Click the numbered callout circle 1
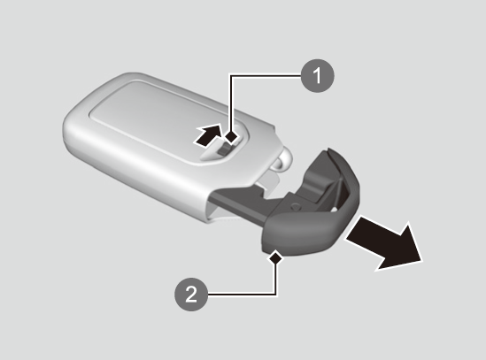tap(318, 76)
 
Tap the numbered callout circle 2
tap(191, 294)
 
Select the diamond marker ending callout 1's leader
tap(231, 136)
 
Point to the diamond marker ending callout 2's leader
tap(275, 257)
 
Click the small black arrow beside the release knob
tap(208, 135)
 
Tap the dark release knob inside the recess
tap(224, 151)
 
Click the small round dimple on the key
tap(296, 206)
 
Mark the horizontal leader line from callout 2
tap(242, 294)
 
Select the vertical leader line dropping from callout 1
tap(230, 103)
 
